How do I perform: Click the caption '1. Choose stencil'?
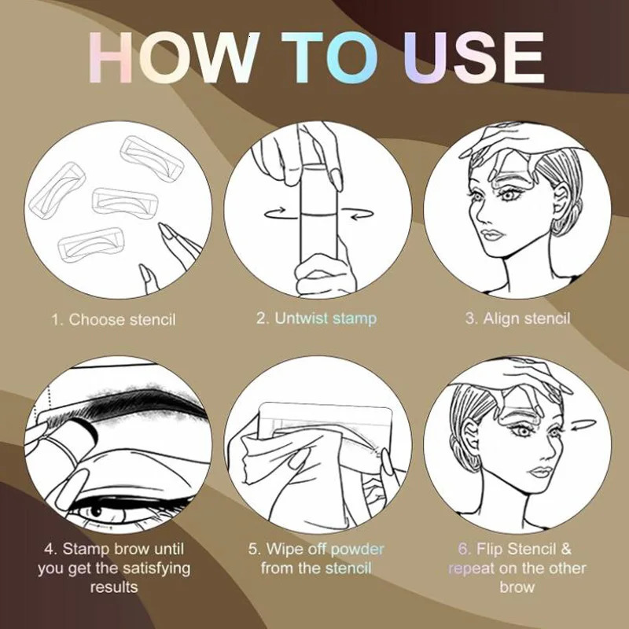click(114, 319)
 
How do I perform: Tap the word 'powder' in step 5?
click(358, 548)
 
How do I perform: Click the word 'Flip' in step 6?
click(495, 548)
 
